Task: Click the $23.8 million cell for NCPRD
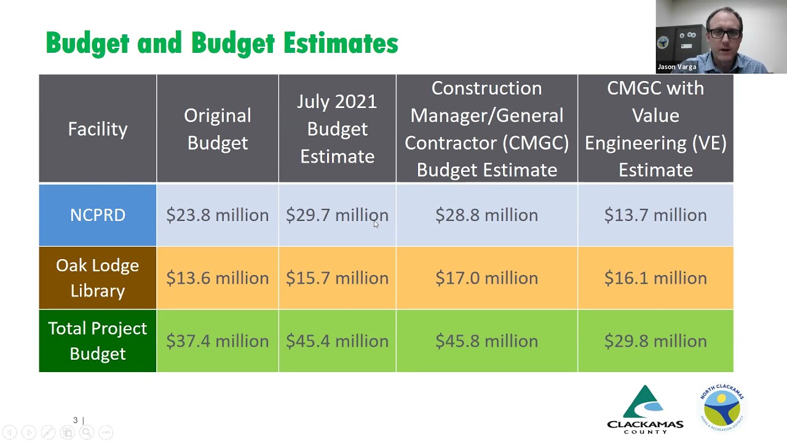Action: [217, 215]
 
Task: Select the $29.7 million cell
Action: [337, 215]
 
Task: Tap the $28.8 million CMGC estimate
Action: [486, 215]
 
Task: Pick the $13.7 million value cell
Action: [655, 215]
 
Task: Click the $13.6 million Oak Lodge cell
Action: [217, 278]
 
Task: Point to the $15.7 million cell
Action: [337, 278]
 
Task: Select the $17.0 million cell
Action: [486, 278]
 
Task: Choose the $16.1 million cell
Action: [655, 278]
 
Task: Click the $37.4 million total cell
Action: [217, 341]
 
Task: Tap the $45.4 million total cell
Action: [337, 341]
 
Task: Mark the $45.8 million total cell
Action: [486, 341]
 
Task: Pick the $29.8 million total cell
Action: [655, 341]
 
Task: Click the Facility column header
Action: [98, 129]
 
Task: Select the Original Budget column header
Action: [217, 129]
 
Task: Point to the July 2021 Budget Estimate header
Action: [337, 129]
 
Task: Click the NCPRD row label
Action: [98, 215]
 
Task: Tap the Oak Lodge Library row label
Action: [98, 278]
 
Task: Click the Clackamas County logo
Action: [645, 409]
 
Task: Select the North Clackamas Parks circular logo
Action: [722, 406]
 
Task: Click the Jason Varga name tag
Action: [677, 67]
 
